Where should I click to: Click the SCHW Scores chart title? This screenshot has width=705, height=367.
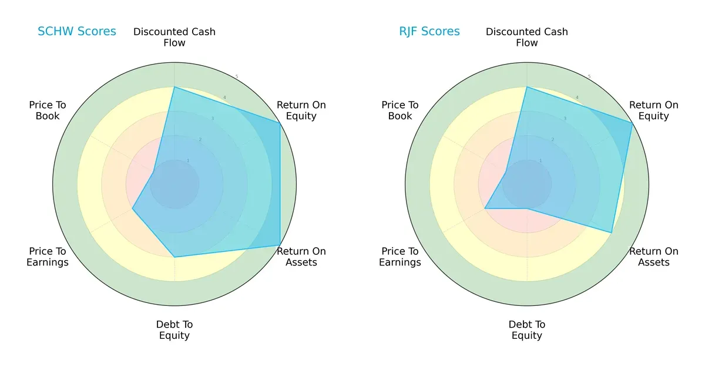coord(76,32)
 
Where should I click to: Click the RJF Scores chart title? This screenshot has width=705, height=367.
coord(429,32)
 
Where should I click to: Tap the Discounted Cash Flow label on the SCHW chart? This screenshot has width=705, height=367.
coord(174,37)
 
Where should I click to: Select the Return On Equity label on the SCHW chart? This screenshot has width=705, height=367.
coord(301,110)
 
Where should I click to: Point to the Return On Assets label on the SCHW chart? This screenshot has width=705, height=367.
coord(301,257)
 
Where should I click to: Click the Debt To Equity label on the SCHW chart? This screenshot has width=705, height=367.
coord(174,330)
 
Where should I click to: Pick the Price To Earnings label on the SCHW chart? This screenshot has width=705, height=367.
coord(48,257)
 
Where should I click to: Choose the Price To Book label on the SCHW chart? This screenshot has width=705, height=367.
coord(48,110)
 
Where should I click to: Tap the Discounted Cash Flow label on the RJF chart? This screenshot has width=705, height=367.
coord(527,37)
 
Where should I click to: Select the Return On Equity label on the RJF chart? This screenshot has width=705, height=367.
coord(653,110)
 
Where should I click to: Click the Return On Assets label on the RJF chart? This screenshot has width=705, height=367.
coord(653,257)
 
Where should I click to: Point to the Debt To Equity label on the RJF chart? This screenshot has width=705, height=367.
coord(527,330)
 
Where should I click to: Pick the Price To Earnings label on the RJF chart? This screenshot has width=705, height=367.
coord(400,257)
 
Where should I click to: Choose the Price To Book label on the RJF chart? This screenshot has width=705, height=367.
coord(400,110)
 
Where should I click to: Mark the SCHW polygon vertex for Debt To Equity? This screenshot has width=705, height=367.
coord(174,257)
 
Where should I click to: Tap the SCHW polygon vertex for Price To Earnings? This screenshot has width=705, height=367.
coord(132,208)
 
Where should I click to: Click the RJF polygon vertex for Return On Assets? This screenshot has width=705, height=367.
coord(612,233)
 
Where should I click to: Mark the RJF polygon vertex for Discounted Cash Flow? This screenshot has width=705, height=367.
coord(527,87)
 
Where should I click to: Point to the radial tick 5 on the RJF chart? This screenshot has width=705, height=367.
coord(589,76)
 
